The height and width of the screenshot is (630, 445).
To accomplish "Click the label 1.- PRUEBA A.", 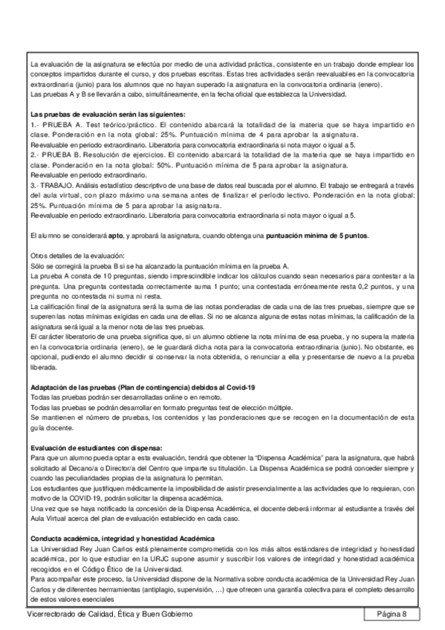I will pos(56,126).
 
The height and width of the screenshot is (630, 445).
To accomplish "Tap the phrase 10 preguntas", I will pos(124,275).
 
